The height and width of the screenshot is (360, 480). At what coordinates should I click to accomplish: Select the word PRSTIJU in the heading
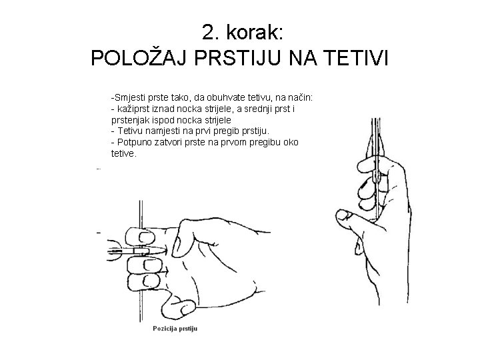point(237,58)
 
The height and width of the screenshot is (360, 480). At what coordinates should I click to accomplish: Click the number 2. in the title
point(211,32)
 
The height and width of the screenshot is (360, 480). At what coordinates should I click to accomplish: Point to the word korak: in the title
point(255,32)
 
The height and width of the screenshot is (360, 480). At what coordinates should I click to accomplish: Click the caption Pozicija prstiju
point(175,329)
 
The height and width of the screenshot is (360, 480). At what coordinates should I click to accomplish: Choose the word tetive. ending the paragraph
point(123,153)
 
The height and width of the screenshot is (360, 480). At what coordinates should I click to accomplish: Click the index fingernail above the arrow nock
point(147,237)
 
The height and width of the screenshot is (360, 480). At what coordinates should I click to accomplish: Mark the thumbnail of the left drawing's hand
point(186,309)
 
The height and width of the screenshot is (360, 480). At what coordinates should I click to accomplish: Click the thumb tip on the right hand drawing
point(341,215)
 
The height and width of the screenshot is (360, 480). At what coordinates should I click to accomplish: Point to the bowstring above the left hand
point(141,214)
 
